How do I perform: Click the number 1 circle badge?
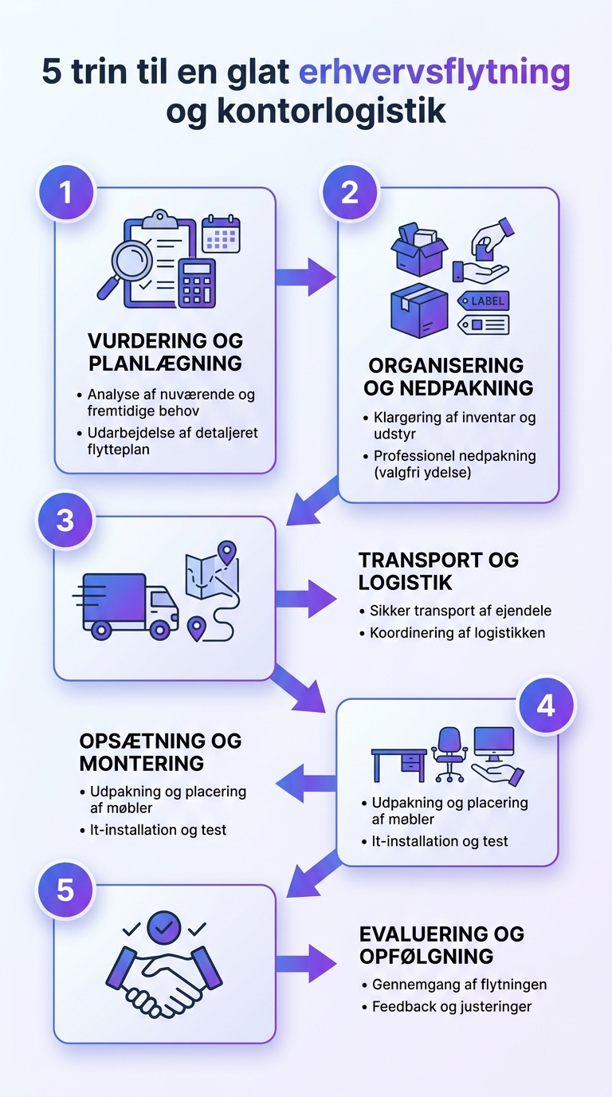pyautogui.click(x=66, y=193)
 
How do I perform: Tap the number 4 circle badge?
pyautogui.click(x=546, y=705)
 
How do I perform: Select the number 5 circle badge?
pyautogui.click(x=66, y=889)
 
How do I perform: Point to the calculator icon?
pyautogui.click(x=196, y=282)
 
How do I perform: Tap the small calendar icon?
pyautogui.click(x=221, y=234)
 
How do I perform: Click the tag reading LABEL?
pyautogui.click(x=483, y=301)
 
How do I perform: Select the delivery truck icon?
pyautogui.click(x=127, y=604)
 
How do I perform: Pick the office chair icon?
pyautogui.click(x=449, y=754)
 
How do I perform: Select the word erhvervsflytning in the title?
pyautogui.click(x=434, y=73)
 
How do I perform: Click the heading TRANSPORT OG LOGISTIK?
pyautogui.click(x=438, y=571)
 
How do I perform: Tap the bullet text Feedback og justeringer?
pyautogui.click(x=451, y=1006)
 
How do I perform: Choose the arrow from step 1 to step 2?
pyautogui.click(x=306, y=277)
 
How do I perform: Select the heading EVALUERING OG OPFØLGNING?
pyautogui.click(x=441, y=945)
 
